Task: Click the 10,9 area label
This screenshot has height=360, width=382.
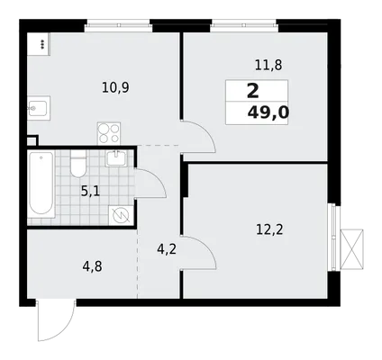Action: pos(115,88)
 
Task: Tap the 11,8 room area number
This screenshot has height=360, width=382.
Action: pos(268,65)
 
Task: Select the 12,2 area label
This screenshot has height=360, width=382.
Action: pos(269,229)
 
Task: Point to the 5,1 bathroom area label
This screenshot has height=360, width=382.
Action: pos(90,191)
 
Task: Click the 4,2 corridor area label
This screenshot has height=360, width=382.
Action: pos(167,249)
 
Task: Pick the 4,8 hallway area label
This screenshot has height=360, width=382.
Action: pos(93,266)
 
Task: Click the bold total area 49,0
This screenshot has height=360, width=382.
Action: pos(268,112)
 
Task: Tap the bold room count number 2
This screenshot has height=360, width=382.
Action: pos(253,91)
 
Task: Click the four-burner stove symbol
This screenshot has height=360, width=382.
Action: pos(109,133)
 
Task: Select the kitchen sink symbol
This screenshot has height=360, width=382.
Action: pos(39,108)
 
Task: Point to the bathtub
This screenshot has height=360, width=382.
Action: pos(41,184)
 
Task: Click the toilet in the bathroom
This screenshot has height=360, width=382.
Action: pos(78,164)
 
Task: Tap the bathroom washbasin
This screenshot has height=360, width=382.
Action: pos(116,158)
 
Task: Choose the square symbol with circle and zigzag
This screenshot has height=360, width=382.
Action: pos(121,215)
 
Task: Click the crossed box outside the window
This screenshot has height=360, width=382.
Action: pos(351,249)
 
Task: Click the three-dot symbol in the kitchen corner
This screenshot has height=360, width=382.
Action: pos(42,44)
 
